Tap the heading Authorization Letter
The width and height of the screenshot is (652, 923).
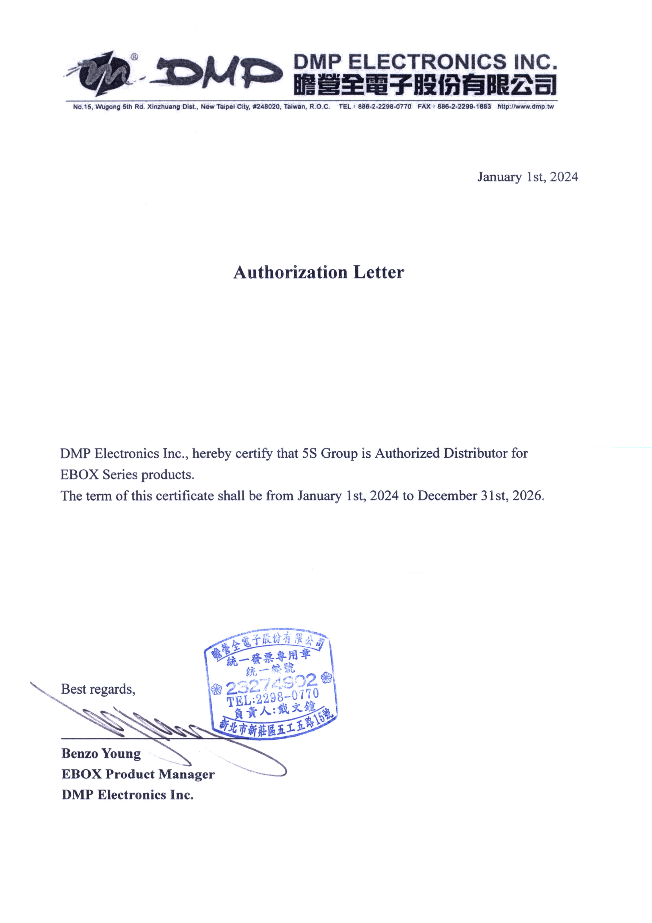coord(319,272)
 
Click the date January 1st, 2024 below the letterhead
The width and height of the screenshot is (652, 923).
coord(527,177)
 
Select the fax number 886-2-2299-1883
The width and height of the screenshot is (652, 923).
coord(464,107)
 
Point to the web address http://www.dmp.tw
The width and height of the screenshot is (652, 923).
coord(525,107)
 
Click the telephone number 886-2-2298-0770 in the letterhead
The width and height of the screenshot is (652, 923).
coord(385,107)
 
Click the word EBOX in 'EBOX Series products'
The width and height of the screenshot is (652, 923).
coord(79,475)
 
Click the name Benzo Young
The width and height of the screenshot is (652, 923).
coord(101,753)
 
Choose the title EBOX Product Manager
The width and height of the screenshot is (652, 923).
coord(138,774)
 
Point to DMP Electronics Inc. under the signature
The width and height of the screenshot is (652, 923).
coord(127,795)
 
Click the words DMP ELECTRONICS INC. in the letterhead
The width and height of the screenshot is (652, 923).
coord(425,62)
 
